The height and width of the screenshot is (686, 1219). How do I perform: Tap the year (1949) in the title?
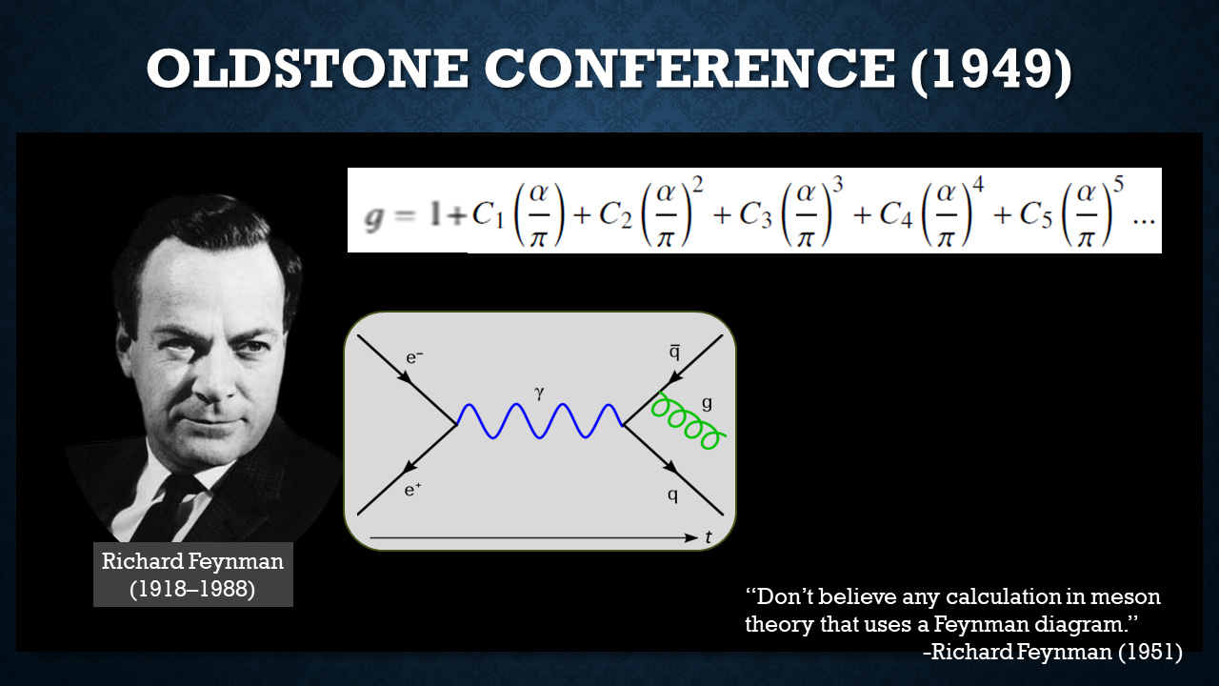pos(991,70)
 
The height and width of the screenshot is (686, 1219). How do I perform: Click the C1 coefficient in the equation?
pos(487,214)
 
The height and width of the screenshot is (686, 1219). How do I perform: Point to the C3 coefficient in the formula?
pos(755,214)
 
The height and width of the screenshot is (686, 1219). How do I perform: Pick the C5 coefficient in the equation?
pos(1035,214)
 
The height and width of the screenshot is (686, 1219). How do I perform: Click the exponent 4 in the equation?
pos(978,186)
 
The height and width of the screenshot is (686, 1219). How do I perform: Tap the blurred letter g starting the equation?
pos(374,218)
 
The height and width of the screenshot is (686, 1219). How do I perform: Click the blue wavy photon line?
pos(539,421)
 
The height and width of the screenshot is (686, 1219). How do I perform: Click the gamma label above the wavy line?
pos(539,393)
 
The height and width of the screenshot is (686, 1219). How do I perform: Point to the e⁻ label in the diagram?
pos(414,357)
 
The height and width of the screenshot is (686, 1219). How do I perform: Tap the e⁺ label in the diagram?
pos(413,490)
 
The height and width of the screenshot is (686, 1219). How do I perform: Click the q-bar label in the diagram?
pos(674,353)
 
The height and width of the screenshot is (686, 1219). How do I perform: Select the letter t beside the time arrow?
pos(708,537)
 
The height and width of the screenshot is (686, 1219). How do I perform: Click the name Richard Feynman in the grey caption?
pos(192,561)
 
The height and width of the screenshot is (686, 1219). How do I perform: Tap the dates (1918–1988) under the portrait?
pos(192,589)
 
